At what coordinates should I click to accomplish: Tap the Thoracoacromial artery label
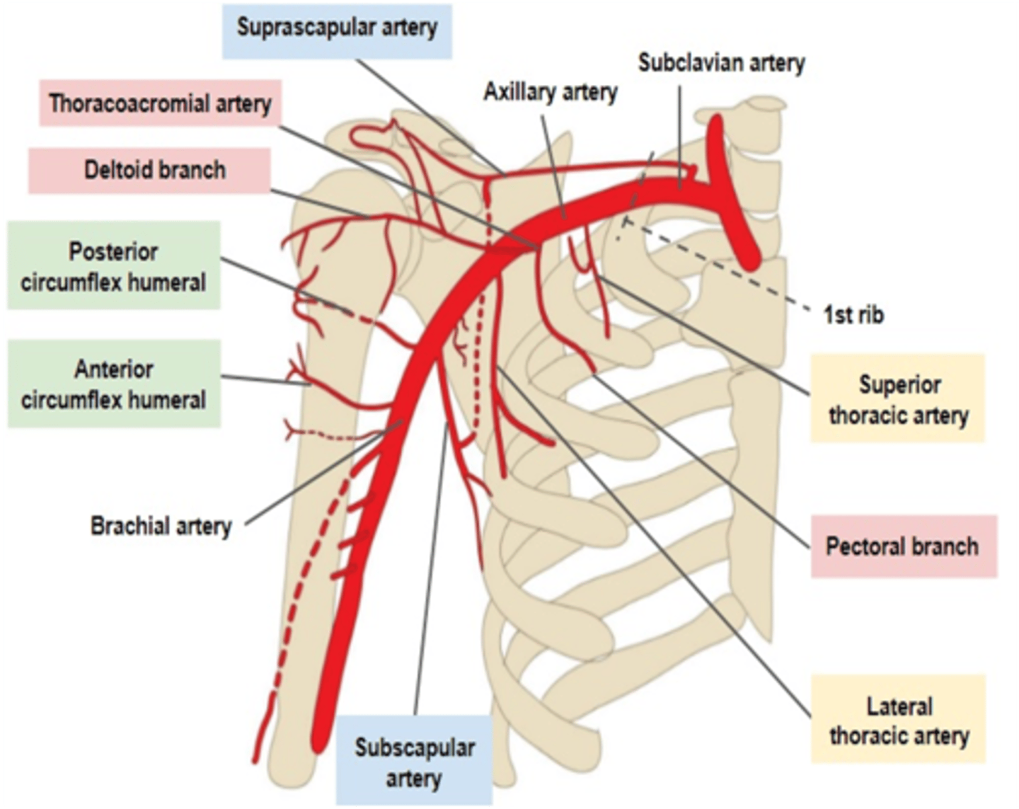click(160, 103)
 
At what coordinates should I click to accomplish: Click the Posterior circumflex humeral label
click(113, 266)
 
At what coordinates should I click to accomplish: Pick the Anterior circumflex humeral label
click(113, 384)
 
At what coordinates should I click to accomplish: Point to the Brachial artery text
click(161, 526)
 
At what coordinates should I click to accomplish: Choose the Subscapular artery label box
click(414, 762)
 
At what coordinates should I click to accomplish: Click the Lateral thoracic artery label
click(899, 720)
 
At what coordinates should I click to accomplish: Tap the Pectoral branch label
click(902, 546)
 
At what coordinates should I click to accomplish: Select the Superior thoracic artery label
click(898, 399)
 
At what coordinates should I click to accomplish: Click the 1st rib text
click(853, 314)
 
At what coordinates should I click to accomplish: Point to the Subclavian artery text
click(721, 62)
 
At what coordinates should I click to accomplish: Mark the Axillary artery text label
click(550, 92)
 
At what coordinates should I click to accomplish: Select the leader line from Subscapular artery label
click(430, 566)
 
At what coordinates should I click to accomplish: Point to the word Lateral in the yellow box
click(899, 706)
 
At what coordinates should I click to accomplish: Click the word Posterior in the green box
click(113, 251)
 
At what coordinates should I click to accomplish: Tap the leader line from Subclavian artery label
click(680, 134)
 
